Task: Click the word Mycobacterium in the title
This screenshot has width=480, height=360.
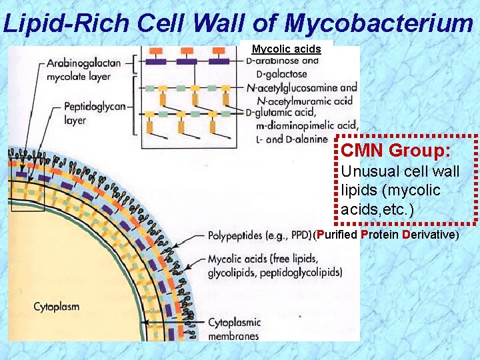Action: [379, 23]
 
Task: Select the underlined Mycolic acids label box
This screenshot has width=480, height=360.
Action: [286, 49]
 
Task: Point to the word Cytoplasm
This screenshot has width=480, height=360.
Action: [57, 307]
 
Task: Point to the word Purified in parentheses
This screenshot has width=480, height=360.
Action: [337, 235]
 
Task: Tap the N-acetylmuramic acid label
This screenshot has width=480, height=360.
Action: [300, 100]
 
